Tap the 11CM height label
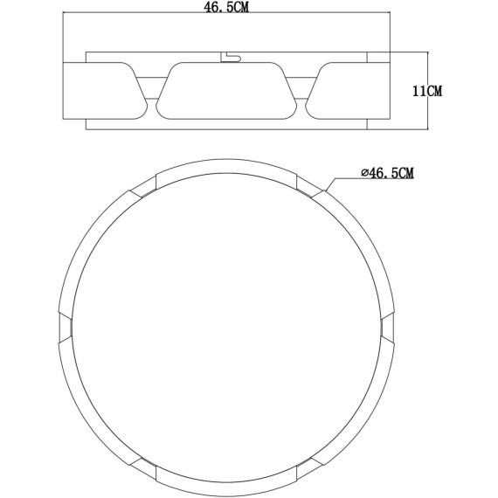click(427, 90)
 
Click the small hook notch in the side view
click(229, 57)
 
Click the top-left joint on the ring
click(142, 186)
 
